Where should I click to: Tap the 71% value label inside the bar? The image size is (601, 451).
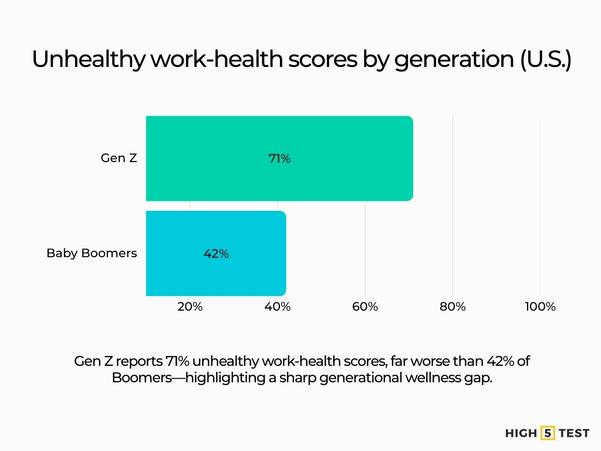pyautogui.click(x=279, y=159)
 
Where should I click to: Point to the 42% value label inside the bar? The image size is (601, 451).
pyautogui.click(x=216, y=254)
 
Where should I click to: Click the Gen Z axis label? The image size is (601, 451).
pyautogui.click(x=119, y=158)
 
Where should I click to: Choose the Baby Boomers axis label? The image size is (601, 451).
pyautogui.click(x=92, y=254)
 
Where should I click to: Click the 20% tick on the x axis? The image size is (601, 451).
pyautogui.click(x=190, y=307)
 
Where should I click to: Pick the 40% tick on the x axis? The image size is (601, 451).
pyautogui.click(x=277, y=307)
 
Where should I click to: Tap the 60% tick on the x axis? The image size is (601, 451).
pyautogui.click(x=365, y=307)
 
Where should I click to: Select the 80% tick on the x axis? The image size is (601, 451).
pyautogui.click(x=453, y=307)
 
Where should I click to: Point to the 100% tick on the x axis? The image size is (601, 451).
pyautogui.click(x=539, y=307)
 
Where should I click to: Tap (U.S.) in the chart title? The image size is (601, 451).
pyautogui.click(x=545, y=60)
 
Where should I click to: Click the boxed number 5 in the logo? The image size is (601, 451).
pyautogui.click(x=548, y=433)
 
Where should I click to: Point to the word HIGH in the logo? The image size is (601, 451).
pyautogui.click(x=521, y=433)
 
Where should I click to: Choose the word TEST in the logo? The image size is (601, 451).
pyautogui.click(x=574, y=433)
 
